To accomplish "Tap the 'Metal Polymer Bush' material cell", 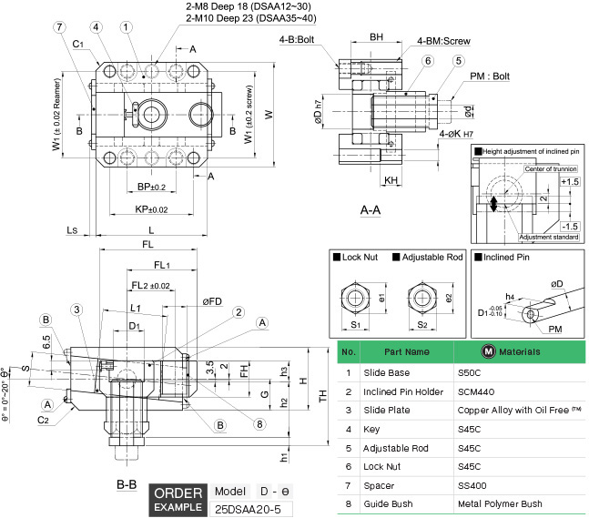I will pos(501,503).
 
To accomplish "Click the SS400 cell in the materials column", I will pos(473,485).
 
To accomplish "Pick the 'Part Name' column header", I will pos(406,351).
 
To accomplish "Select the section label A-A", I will pos(371,210).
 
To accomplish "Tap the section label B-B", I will pos(126,484).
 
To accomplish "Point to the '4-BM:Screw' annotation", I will pos(442,41).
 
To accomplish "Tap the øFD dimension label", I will pos(212,301).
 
